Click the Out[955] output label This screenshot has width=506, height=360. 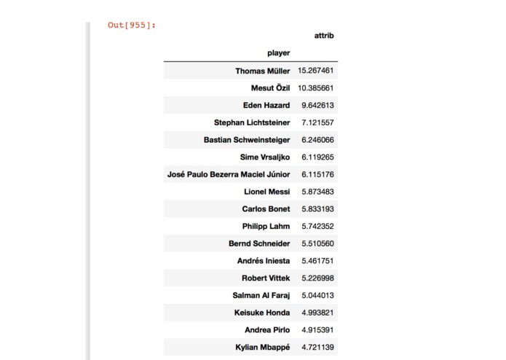tap(132, 25)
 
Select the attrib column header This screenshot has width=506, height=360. tap(324, 35)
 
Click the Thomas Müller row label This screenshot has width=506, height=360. tap(262, 71)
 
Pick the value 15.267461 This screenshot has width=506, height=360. tap(315, 71)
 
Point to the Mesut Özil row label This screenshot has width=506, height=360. tap(270, 88)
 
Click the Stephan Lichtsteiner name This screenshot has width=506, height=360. tap(252, 122)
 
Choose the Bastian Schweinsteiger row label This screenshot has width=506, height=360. tap(247, 140)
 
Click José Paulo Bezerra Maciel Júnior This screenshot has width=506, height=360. tap(229, 174)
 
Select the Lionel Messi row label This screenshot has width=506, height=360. tap(267, 192)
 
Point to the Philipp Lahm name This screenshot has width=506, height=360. tap(266, 226)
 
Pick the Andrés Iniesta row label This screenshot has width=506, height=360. tap(264, 261)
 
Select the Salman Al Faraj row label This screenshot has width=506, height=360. tap(261, 295)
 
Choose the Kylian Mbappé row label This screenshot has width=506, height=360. tap(264, 347)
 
